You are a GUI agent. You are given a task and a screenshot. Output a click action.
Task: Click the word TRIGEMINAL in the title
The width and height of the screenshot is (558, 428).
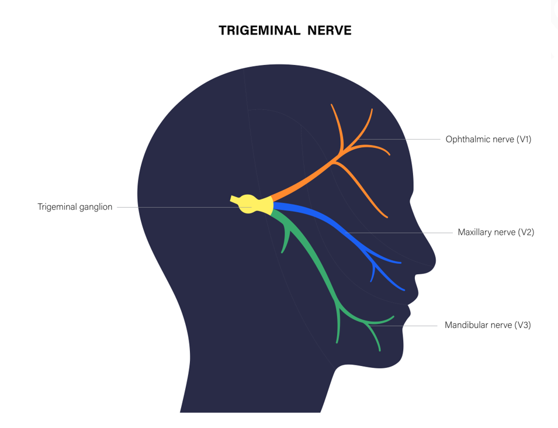coord(259,30)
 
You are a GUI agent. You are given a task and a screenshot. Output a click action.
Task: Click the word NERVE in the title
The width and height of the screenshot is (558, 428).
coord(330,30)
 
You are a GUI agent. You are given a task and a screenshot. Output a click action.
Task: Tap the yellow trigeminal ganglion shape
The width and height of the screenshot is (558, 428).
coord(252,205)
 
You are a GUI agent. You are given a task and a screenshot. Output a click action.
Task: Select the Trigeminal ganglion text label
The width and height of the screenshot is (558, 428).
coord(75,207)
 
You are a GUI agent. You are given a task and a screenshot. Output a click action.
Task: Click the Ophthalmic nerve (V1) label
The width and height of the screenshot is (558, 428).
coord(488,139)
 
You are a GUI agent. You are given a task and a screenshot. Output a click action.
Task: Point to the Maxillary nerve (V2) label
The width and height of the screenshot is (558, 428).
coord(495,232)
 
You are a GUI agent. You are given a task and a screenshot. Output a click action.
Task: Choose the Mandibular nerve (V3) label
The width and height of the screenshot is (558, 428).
coord(487,325)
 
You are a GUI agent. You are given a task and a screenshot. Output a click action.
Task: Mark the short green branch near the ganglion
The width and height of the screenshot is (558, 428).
coord(285,239)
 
